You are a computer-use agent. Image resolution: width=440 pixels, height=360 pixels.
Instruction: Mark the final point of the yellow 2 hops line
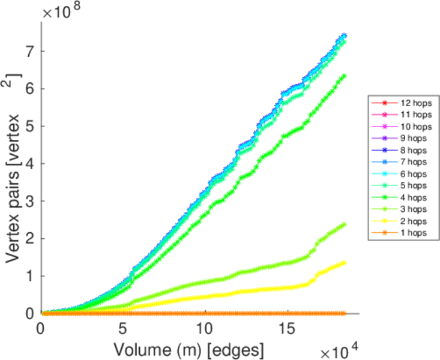tap(344, 262)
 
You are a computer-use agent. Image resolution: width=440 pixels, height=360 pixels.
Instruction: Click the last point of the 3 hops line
tap(344, 224)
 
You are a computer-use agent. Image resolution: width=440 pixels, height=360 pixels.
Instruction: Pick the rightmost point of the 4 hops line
tap(344, 76)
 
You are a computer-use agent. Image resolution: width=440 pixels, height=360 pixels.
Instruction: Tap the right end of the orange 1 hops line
tap(344, 313)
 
